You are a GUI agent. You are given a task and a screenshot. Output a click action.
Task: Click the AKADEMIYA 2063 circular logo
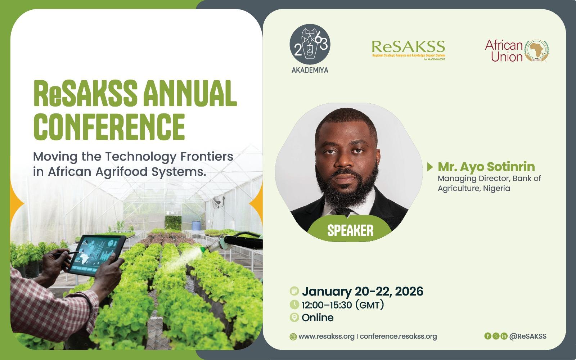tap(310, 44)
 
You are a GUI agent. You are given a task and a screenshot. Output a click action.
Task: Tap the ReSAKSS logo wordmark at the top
tap(408, 46)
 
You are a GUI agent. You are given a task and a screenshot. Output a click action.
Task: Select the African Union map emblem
tap(536, 51)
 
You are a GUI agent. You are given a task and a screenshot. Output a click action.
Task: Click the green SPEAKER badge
tap(350, 229)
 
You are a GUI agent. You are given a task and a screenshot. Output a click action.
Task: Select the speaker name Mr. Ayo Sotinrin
tap(486, 166)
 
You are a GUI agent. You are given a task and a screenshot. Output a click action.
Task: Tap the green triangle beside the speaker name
tap(430, 167)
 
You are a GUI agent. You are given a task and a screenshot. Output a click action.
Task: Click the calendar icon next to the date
tap(294, 291)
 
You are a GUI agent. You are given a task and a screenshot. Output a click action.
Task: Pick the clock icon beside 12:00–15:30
tap(294, 305)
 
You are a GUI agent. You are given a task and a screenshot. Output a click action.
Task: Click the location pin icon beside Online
tap(294, 317)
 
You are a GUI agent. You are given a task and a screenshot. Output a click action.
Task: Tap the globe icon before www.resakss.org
tap(293, 337)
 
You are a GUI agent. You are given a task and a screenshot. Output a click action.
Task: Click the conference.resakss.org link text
tap(398, 336)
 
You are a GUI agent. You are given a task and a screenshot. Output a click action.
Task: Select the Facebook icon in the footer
tap(487, 336)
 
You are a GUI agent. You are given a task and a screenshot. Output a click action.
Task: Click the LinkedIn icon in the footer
tap(504, 336)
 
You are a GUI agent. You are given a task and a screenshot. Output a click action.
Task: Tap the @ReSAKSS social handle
tap(528, 336)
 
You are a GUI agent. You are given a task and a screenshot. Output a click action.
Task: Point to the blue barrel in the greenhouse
tap(196, 225)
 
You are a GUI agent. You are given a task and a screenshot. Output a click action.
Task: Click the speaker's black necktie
tap(343, 212)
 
